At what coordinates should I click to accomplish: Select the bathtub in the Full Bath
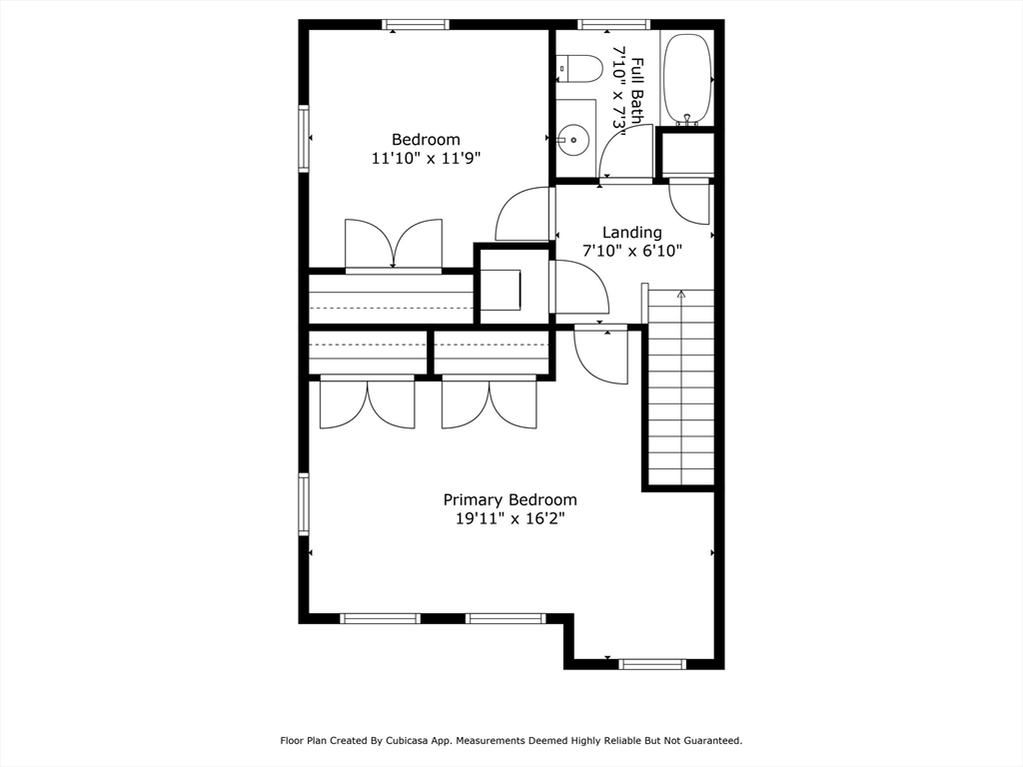(687, 77)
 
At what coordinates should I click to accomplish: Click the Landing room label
(631, 232)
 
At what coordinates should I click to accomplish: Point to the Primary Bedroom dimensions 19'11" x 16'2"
(510, 519)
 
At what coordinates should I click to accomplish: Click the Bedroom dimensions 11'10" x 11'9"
(426, 158)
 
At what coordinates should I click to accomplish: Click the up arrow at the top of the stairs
(681, 295)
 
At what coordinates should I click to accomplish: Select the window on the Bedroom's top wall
(416, 25)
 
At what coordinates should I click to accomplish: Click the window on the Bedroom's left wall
(304, 138)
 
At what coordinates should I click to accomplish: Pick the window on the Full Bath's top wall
(613, 25)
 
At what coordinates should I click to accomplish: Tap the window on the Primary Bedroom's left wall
(304, 504)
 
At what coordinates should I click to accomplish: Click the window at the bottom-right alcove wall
(652, 664)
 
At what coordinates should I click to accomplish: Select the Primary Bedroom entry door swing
(600, 356)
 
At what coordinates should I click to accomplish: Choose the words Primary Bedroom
(511, 500)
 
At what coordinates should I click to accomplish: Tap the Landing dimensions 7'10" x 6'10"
(632, 251)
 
